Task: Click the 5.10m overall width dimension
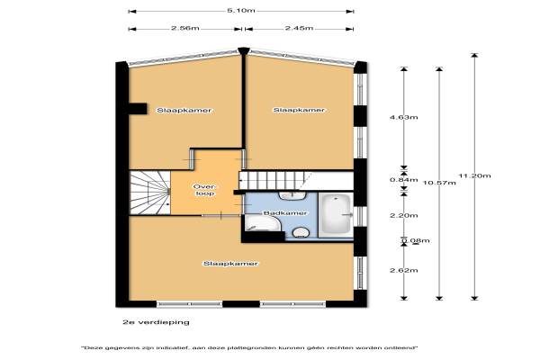pos(240,10)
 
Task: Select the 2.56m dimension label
pos(184,28)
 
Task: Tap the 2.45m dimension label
pos(299,28)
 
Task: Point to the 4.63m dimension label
pos(403,118)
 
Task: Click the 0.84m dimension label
pos(403,180)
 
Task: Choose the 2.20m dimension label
pos(403,216)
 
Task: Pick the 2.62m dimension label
pos(403,270)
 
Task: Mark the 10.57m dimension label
pos(439,183)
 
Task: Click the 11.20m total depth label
pos(474,175)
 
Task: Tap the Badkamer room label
pos(284,213)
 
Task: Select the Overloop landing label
pos(205,190)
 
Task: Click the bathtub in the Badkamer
pos(336,215)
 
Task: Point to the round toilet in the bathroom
pos(301,232)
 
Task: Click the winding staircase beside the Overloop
pos(149,193)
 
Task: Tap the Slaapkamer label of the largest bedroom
pos(230,264)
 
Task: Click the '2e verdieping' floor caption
pos(156,322)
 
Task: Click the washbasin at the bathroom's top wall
pos(292,196)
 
